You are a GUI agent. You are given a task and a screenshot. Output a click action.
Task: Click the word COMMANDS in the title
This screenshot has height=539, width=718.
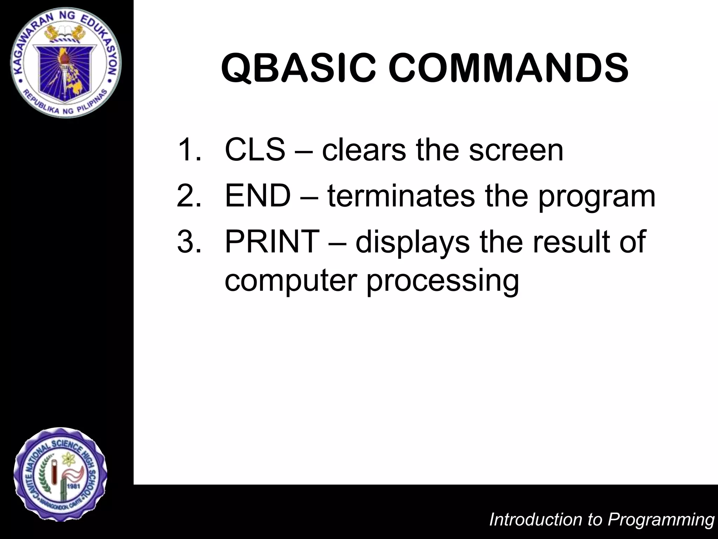click(508, 68)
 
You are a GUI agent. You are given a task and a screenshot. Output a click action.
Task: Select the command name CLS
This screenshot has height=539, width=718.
click(255, 150)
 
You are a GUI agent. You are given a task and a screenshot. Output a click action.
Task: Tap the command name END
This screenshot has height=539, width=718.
click(258, 196)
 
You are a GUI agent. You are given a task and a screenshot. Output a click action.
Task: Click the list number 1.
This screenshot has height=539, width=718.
click(189, 150)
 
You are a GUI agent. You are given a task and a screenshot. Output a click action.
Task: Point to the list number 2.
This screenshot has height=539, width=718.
click(189, 196)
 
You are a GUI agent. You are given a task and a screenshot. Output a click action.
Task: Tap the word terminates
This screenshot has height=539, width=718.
click(401, 196)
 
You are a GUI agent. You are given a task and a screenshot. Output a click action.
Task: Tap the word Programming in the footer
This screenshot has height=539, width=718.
click(661, 520)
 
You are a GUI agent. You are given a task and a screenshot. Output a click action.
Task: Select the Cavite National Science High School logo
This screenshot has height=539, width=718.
click(60, 474)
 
